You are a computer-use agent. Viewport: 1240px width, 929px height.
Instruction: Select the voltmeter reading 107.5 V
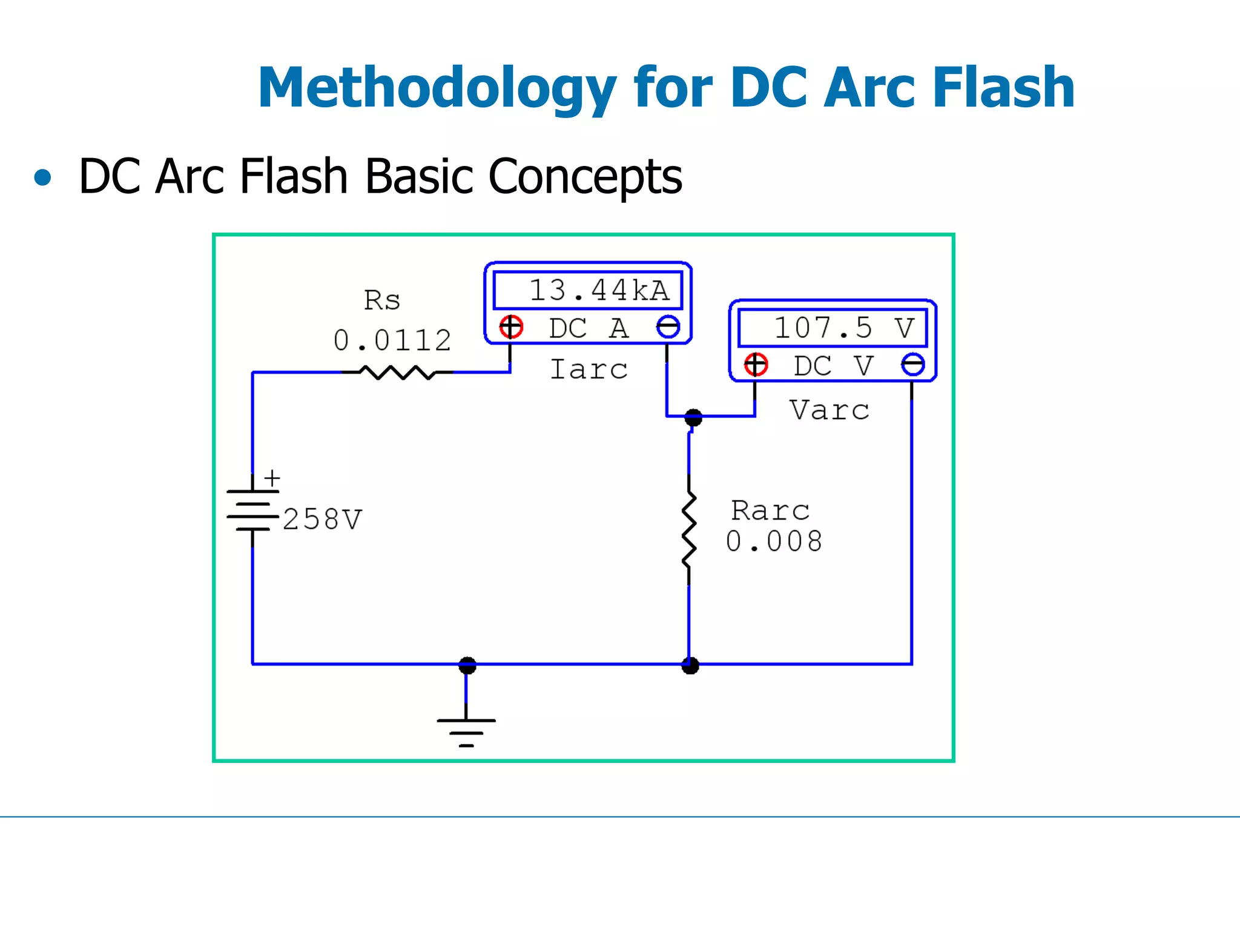tap(833, 328)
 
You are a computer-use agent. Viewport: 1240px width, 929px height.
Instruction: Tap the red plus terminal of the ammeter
tap(511, 327)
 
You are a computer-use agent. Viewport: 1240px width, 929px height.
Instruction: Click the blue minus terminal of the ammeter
tap(668, 327)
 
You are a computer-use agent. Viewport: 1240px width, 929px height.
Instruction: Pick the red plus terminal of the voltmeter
tap(756, 365)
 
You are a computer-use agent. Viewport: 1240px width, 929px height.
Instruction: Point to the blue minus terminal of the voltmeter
tap(912, 365)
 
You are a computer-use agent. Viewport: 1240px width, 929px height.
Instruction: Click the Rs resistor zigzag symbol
tap(397, 372)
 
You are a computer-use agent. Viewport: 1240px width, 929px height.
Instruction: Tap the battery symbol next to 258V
tap(252, 510)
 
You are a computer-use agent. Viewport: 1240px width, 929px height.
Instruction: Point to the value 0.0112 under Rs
tap(392, 340)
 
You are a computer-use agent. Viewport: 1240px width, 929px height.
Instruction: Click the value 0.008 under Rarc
tap(774, 541)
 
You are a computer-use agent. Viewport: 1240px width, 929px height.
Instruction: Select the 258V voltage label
tap(322, 520)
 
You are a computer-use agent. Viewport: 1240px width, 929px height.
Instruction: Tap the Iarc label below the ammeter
tap(589, 369)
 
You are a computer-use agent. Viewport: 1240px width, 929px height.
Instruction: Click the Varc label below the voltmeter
tap(829, 411)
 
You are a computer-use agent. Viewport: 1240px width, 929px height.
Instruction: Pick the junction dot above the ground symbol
tap(467, 665)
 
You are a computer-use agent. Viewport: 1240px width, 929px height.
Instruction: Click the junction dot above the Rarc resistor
tap(693, 417)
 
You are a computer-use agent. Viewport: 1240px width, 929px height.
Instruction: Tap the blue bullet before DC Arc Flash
tap(42, 177)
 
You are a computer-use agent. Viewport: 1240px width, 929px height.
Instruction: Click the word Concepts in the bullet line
tap(585, 177)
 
